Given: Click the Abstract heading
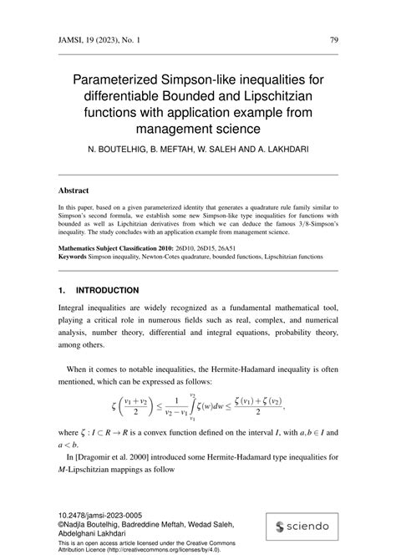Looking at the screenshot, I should pos(73,191).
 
